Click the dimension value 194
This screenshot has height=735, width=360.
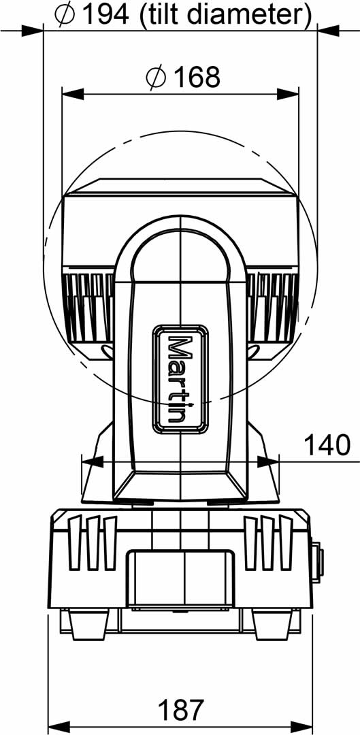click(105, 16)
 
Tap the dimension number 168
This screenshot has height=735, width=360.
click(197, 78)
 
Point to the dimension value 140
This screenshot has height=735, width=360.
click(327, 445)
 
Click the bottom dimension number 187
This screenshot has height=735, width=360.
click(182, 710)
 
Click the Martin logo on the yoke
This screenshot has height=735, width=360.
click(180, 379)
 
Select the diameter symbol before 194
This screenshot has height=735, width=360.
click(65, 16)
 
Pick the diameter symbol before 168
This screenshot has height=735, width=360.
click(157, 78)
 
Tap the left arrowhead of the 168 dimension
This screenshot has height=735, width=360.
click(73, 94)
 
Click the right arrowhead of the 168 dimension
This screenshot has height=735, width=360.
click(288, 94)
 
